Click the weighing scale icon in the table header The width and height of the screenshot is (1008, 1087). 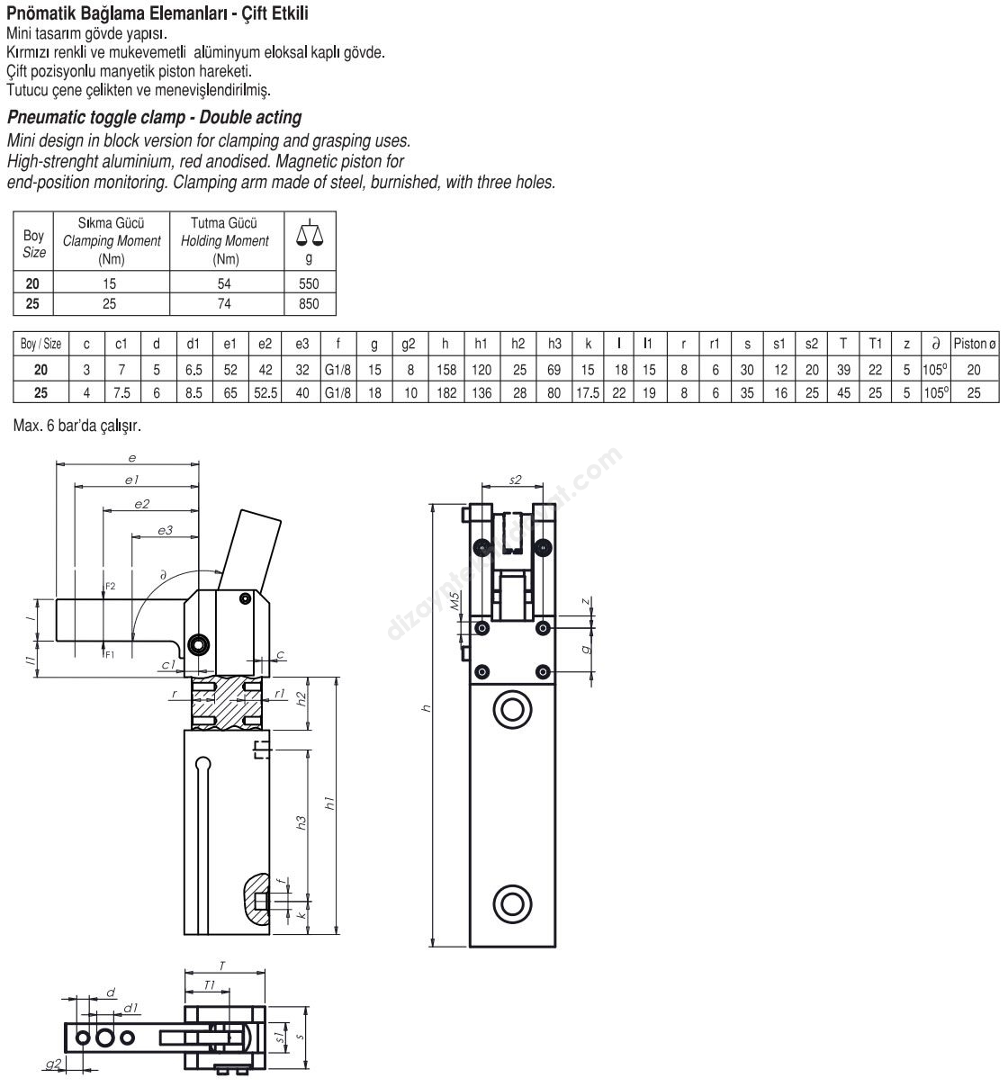click(310, 233)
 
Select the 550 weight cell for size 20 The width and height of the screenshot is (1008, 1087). click(309, 283)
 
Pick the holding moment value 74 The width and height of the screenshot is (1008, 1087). click(224, 304)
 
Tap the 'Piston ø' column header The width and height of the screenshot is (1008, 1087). click(974, 344)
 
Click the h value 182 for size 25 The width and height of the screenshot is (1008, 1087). click(446, 393)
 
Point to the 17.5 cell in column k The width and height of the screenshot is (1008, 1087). click(588, 393)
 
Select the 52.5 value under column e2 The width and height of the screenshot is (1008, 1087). click(265, 393)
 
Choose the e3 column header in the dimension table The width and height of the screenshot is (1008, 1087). click(301, 344)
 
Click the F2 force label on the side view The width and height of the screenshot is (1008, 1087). click(110, 586)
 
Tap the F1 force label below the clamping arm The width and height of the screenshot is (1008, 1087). click(110, 654)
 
